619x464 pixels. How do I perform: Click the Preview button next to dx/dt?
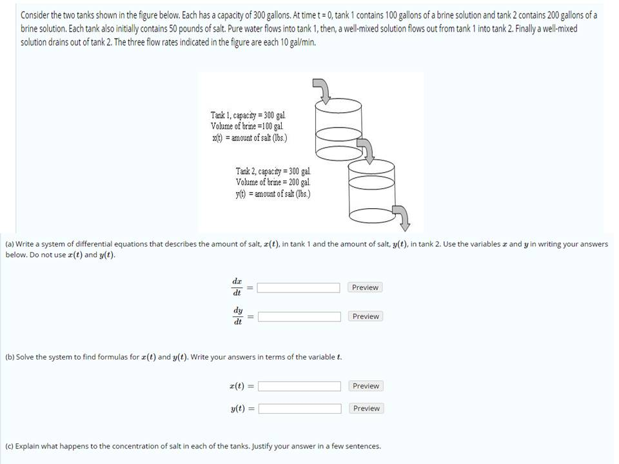click(365, 287)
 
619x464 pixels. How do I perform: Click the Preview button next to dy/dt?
click(365, 316)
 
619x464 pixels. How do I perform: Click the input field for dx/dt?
click(299, 287)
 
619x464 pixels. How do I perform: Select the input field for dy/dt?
click(299, 316)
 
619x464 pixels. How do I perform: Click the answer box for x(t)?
click(299, 386)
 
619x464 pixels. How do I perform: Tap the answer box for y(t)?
click(299, 409)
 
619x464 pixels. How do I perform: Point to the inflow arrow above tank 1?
click(323, 91)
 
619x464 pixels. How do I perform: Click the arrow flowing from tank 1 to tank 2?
click(366, 151)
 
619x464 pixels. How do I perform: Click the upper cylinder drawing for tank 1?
click(339, 129)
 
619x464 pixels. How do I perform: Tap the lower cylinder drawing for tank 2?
click(371, 190)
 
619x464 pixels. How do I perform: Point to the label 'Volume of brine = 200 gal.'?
click(273, 182)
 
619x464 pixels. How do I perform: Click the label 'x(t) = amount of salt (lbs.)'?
click(249, 138)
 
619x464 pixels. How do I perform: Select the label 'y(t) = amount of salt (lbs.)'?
click(273, 193)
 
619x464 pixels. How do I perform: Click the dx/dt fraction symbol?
click(237, 287)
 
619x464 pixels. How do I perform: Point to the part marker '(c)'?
click(9, 446)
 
